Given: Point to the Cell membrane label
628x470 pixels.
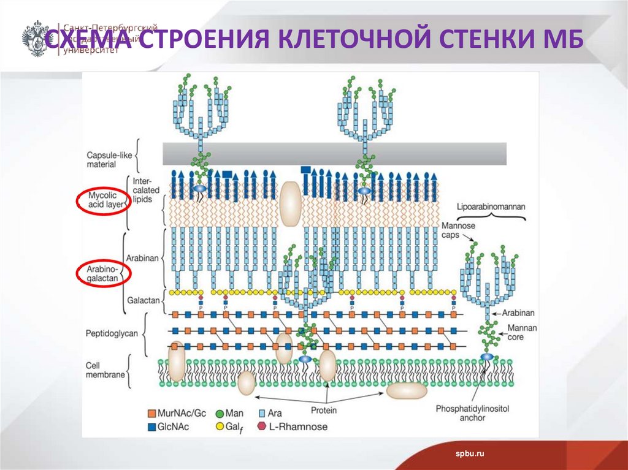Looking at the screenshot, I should [x=105, y=370].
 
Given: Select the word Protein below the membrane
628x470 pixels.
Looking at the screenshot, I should [x=324, y=410].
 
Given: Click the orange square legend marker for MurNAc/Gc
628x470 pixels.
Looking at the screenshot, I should [x=153, y=413].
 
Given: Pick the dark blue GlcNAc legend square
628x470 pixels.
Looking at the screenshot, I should [x=153, y=426].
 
